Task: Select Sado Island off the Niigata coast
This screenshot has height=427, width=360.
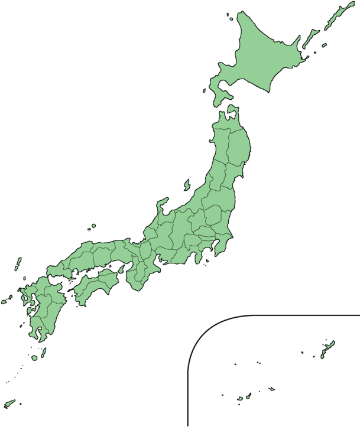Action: (x=187, y=185)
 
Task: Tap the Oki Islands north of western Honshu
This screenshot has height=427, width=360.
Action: (x=93, y=226)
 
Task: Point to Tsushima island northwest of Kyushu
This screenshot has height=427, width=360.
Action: (x=18, y=263)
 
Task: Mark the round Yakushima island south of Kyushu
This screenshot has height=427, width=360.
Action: (x=35, y=358)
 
